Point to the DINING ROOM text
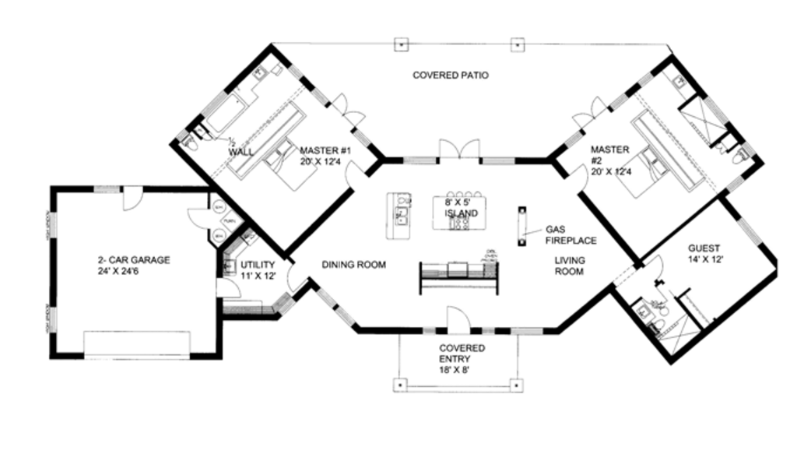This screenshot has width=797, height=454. pyautogui.click(x=354, y=266)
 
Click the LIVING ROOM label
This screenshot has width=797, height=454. pyautogui.click(x=569, y=266)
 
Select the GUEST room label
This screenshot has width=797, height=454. pyautogui.click(x=704, y=254)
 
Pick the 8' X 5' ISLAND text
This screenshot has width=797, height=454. pyautogui.click(x=461, y=206)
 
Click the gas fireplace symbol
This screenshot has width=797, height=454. pyautogui.click(x=521, y=225)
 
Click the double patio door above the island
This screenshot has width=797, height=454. pyautogui.click(x=459, y=150)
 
